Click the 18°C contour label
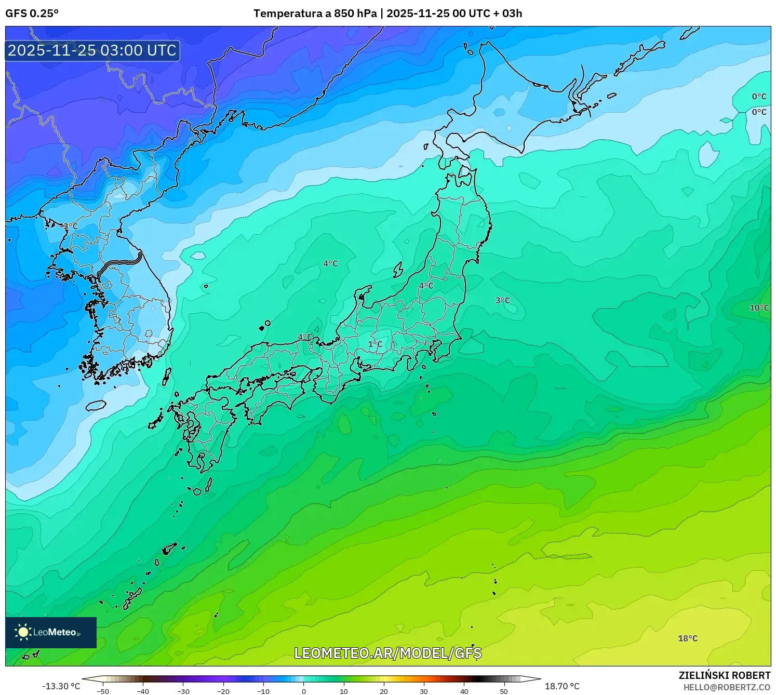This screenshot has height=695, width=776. [x=688, y=638]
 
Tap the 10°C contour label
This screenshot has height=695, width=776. [x=759, y=308]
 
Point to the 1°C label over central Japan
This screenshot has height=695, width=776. [x=375, y=344]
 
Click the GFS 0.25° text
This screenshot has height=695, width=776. [x=32, y=14]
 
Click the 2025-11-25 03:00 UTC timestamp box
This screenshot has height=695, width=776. [x=92, y=50]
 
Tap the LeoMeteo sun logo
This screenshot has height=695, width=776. [x=23, y=632]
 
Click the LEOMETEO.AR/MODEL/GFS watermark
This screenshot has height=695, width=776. [x=388, y=653]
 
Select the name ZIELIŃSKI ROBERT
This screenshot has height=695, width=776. [x=725, y=675]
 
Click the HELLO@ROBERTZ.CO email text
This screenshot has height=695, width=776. [x=727, y=687]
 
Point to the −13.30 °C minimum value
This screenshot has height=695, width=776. [x=61, y=686]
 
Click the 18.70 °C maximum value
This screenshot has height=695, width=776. [x=562, y=686]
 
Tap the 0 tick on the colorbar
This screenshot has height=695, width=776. [x=304, y=691]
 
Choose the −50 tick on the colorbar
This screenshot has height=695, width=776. [x=103, y=691]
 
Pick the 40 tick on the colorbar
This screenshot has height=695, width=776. [x=464, y=691]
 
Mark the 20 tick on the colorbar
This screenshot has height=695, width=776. [x=384, y=691]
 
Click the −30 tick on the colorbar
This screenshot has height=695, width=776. [x=183, y=691]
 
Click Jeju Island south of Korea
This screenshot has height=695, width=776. [x=96, y=405]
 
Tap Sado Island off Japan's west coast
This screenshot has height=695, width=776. [x=398, y=270]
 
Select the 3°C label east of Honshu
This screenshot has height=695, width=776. [x=502, y=300]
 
